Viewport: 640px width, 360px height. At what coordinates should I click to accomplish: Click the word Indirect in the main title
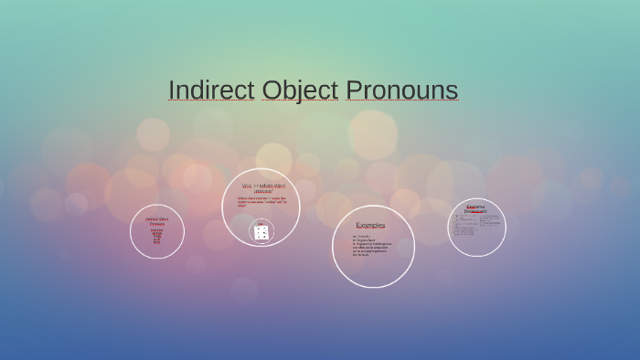(x=211, y=90)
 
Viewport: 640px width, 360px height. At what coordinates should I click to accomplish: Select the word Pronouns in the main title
(x=401, y=90)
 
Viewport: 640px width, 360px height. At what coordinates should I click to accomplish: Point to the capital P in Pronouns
(x=354, y=90)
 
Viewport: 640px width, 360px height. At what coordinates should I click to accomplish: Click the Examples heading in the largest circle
(x=370, y=225)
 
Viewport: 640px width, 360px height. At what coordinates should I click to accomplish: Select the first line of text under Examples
(x=362, y=236)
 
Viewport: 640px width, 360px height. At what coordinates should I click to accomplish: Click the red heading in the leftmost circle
(x=156, y=220)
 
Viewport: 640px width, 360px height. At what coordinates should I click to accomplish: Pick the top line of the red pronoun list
(x=156, y=229)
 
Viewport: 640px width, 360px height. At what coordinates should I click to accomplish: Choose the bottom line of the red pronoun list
(x=156, y=243)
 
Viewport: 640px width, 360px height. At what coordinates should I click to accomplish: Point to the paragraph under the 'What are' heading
(x=261, y=201)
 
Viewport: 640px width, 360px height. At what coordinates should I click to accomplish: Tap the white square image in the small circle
(x=261, y=233)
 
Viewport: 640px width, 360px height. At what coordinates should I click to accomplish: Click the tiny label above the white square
(x=261, y=222)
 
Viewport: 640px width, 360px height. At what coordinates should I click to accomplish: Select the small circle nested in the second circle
(x=261, y=231)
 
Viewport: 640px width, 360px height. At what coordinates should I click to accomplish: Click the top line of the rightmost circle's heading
(x=475, y=206)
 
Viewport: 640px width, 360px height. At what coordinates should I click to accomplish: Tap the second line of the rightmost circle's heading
(x=475, y=211)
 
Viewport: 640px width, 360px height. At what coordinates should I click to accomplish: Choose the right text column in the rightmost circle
(x=489, y=221)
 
